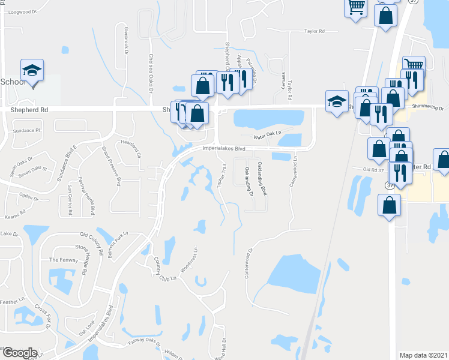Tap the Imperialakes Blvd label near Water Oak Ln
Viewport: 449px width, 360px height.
[x=225, y=148]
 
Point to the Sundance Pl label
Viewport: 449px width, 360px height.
[x=25, y=130]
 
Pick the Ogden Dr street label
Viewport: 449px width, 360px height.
[x=28, y=195]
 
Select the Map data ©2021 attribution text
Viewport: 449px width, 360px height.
[x=423, y=355]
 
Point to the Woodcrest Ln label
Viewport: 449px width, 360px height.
[x=194, y=257]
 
